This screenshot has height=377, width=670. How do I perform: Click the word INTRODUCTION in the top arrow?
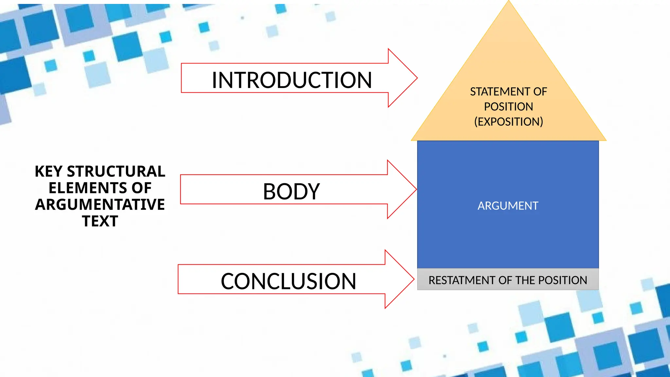[291, 80]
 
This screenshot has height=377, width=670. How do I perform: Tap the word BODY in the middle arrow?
[291, 191]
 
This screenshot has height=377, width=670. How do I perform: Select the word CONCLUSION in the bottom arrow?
[288, 281]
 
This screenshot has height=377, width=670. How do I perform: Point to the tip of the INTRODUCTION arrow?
[416, 78]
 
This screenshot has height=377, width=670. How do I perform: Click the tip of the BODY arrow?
[416, 189]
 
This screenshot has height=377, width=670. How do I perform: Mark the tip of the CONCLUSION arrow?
[414, 279]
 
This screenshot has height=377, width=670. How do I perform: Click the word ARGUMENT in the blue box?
[508, 206]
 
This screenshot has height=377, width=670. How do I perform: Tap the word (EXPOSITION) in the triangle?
[508, 122]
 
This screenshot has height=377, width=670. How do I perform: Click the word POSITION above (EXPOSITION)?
[508, 107]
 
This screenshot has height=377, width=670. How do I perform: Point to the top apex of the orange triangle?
[509, 1]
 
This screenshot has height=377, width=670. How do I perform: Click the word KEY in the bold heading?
[48, 171]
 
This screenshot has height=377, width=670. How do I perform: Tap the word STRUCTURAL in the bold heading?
[116, 171]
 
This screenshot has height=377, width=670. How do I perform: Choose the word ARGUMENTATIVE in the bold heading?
[100, 205]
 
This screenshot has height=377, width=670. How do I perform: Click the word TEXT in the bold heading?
[100, 221]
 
